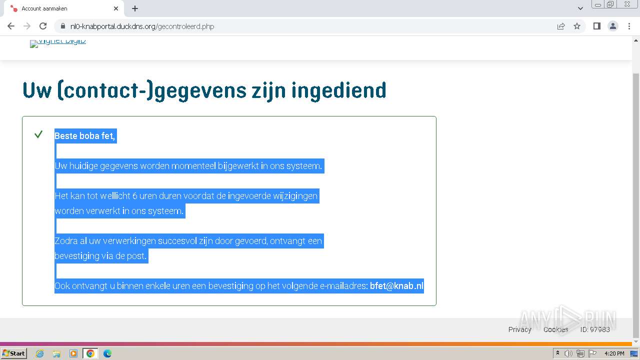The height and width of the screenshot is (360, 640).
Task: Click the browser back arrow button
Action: click(11, 26)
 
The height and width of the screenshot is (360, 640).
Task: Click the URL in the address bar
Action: click(142, 26)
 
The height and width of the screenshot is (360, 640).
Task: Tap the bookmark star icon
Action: click(577, 26)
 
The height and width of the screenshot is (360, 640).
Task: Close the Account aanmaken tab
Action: click(116, 8)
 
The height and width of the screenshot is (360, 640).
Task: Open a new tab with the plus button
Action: click(135, 8)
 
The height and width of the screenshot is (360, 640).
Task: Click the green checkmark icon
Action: click(38, 134)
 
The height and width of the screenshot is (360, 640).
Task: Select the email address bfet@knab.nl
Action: click(396, 286)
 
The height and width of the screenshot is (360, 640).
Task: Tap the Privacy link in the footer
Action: click(519, 329)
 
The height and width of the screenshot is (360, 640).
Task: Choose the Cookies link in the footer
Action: click(555, 329)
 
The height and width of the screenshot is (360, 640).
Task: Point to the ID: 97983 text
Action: click(595, 329)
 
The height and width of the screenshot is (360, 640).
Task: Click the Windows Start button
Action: click(13, 353)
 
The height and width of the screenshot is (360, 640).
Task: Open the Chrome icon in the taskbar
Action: click(90, 353)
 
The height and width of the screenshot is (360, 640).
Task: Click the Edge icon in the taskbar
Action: click(107, 353)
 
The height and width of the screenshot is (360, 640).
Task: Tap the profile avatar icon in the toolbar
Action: click(612, 26)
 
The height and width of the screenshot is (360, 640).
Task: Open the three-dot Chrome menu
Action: click(628, 26)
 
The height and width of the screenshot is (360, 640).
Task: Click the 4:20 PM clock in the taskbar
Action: click(614, 353)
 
